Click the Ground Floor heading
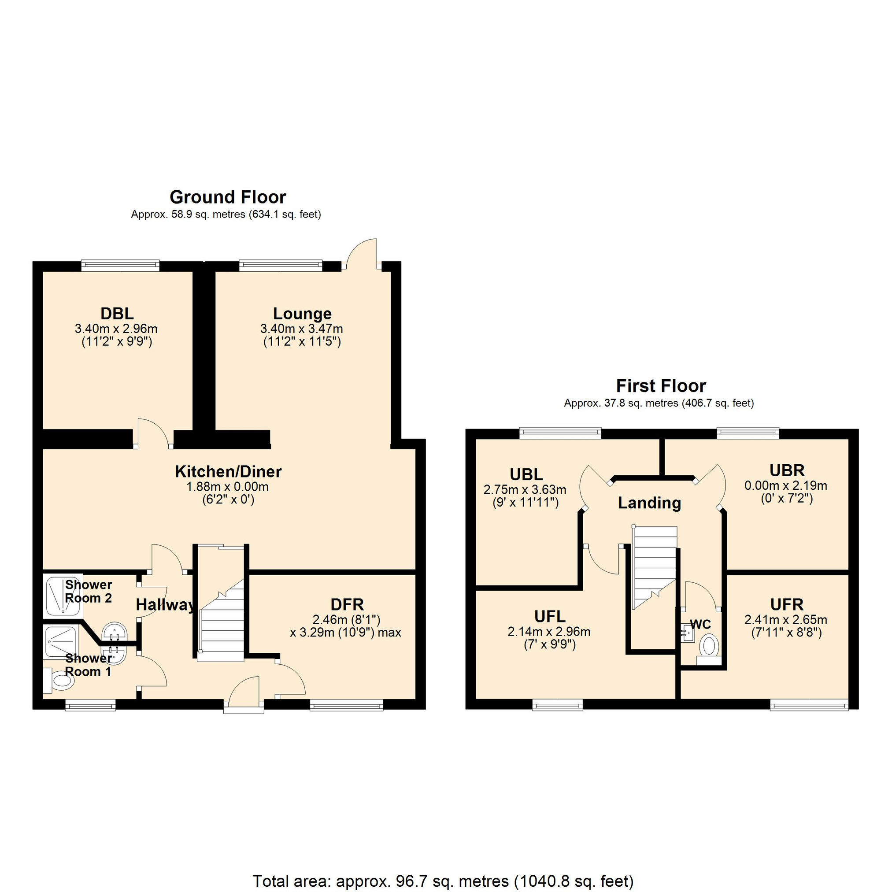click(x=228, y=197)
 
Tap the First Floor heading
click(x=661, y=385)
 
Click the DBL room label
click(x=117, y=314)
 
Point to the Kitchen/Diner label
click(x=228, y=471)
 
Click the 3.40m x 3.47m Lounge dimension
click(x=301, y=329)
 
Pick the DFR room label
click(x=347, y=604)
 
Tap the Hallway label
click(x=165, y=604)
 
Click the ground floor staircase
click(x=221, y=623)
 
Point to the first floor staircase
click(x=654, y=568)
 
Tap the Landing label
click(x=649, y=503)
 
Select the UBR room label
click(x=787, y=470)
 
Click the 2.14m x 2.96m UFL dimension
click(x=549, y=632)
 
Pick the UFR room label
click(x=787, y=604)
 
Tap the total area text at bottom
click(x=443, y=881)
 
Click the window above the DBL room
click(x=120, y=266)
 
